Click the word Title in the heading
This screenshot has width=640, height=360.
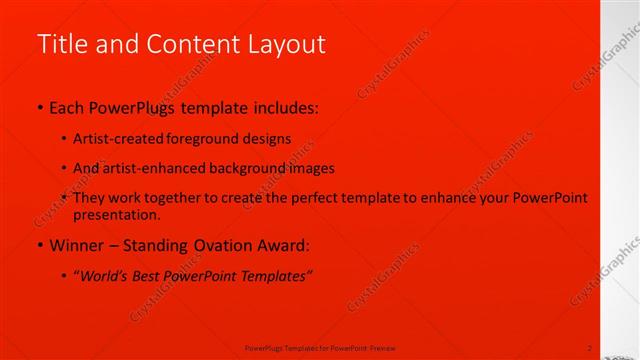click(58, 45)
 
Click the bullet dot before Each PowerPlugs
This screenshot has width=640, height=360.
click(40, 106)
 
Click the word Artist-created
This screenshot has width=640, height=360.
click(115, 139)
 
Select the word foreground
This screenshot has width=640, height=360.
click(199, 139)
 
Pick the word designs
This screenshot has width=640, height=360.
click(265, 139)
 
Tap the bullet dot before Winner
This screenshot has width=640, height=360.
click(40, 245)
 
